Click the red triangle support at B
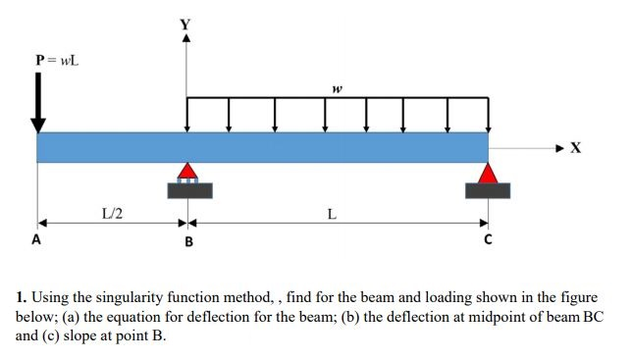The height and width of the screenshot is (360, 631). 187,171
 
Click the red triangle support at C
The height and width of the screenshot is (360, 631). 487,173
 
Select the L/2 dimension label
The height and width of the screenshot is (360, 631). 112,212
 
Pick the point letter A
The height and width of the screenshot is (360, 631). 36,238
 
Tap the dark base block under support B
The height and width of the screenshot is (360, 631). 188,190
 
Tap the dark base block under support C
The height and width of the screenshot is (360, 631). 488,190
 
